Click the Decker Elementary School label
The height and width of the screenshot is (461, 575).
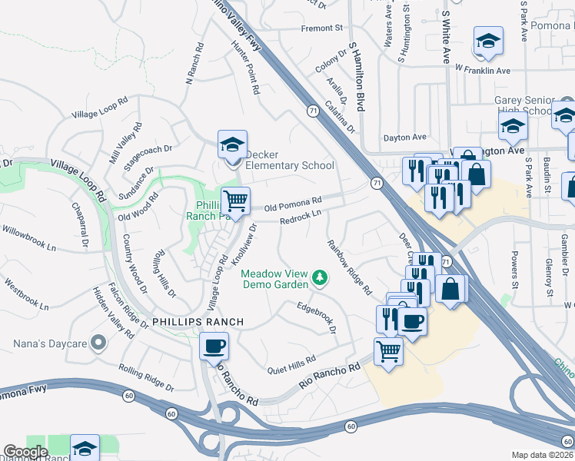click(x=289, y=164)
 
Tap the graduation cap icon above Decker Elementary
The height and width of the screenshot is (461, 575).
click(x=232, y=144)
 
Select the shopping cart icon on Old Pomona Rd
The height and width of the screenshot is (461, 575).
click(x=235, y=201)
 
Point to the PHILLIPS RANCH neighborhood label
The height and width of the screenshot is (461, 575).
click(x=198, y=321)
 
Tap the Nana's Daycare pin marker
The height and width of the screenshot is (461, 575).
click(x=98, y=342)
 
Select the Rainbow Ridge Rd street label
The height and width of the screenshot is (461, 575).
click(x=349, y=267)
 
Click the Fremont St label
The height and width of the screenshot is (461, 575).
click(x=321, y=28)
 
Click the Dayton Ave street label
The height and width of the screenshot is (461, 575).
click(x=404, y=138)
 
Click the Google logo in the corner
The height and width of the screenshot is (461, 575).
click(x=25, y=452)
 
